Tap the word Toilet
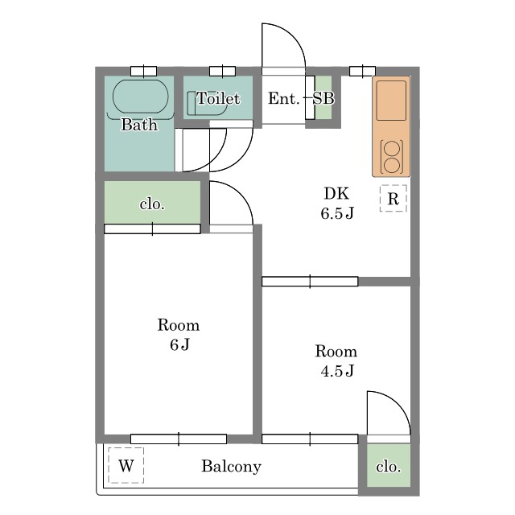[x=218, y=98]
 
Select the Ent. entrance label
[x=284, y=98]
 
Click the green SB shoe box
[x=323, y=97]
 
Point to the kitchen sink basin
[x=391, y=101]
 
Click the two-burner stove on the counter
[x=392, y=157]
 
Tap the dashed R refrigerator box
[x=393, y=198]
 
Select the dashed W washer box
[x=126, y=465]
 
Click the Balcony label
[x=231, y=466]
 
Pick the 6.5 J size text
[x=337, y=213]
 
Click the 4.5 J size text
[x=337, y=371]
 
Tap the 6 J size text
[x=179, y=344]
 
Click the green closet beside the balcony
[x=389, y=465]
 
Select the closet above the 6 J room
[x=152, y=202]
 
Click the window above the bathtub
[x=143, y=71]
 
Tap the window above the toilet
[x=222, y=71]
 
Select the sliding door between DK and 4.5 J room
[x=310, y=282]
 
